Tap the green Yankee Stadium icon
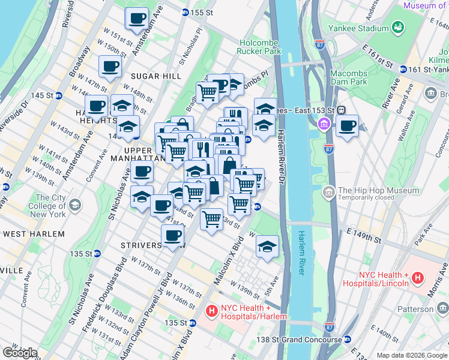[397, 28]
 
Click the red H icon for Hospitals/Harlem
[211, 311]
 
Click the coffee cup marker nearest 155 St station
[137, 18]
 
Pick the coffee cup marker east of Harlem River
[347, 127]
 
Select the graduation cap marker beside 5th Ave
[268, 247]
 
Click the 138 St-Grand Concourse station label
[300, 339]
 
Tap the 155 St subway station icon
[185, 12]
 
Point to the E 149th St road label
[360, 235]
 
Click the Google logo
[19, 353]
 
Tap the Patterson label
[418, 308]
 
